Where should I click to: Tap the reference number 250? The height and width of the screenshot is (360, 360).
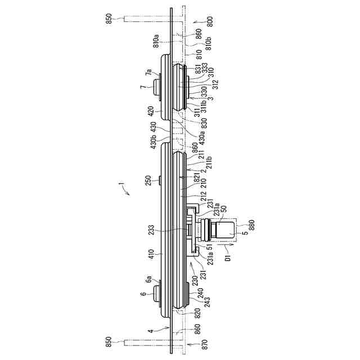pyautogui.click(x=148, y=181)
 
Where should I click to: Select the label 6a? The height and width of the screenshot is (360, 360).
pyautogui.click(x=148, y=279)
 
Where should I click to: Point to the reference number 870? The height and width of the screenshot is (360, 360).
pyautogui.click(x=194, y=342)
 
